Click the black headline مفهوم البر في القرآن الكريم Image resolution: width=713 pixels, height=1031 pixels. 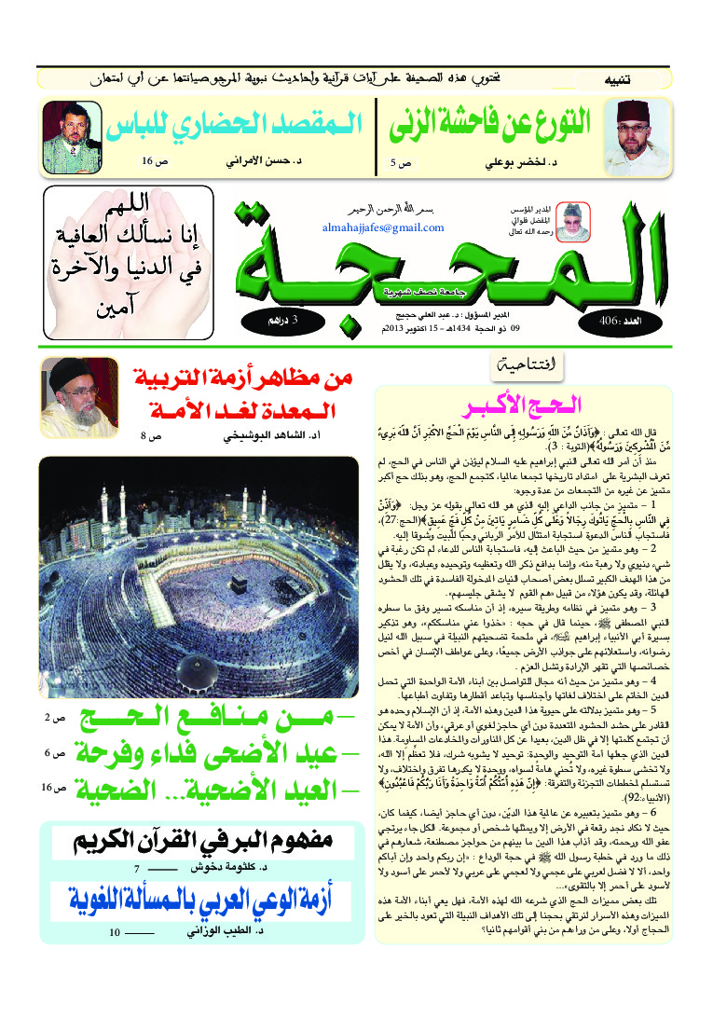(x=199, y=844)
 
